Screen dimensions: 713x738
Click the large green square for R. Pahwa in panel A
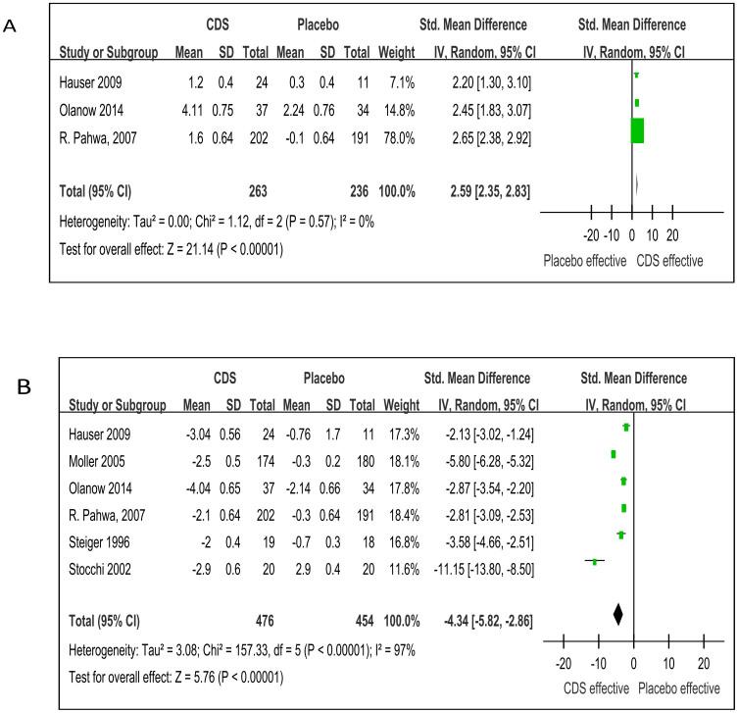click(637, 129)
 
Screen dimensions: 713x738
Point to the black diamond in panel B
click(618, 614)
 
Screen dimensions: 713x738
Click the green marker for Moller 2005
click(614, 454)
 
